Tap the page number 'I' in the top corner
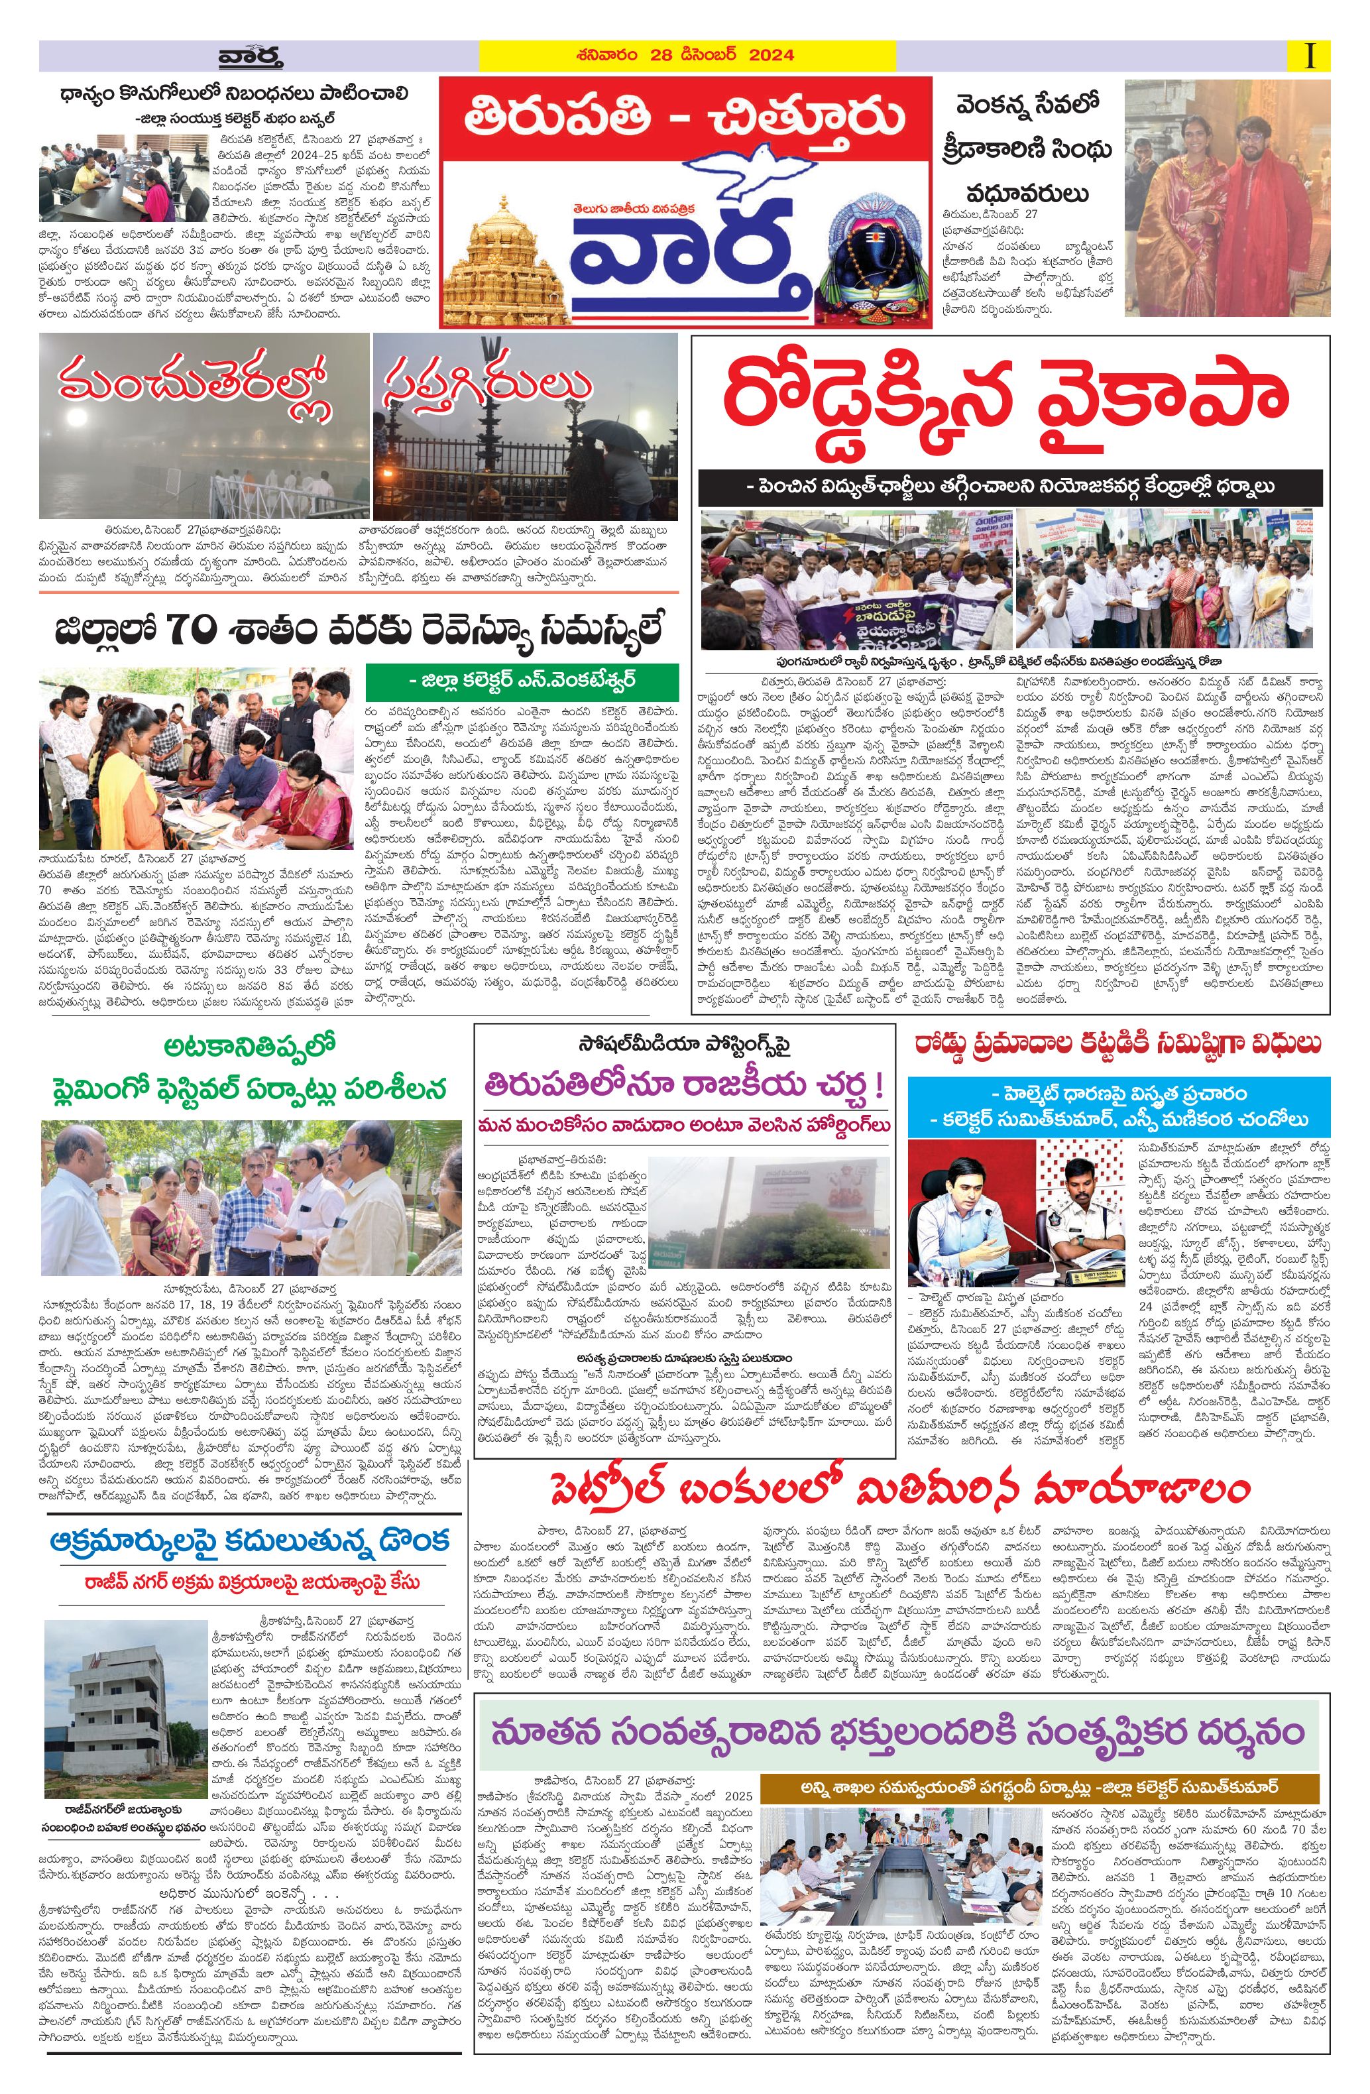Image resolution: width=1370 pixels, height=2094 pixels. pos(1312,56)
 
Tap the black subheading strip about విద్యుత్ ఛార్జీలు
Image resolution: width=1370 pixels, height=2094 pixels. pos(1010,486)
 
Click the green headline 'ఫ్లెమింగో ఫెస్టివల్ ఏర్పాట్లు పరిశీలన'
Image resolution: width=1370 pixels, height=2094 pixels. pos(249,1088)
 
